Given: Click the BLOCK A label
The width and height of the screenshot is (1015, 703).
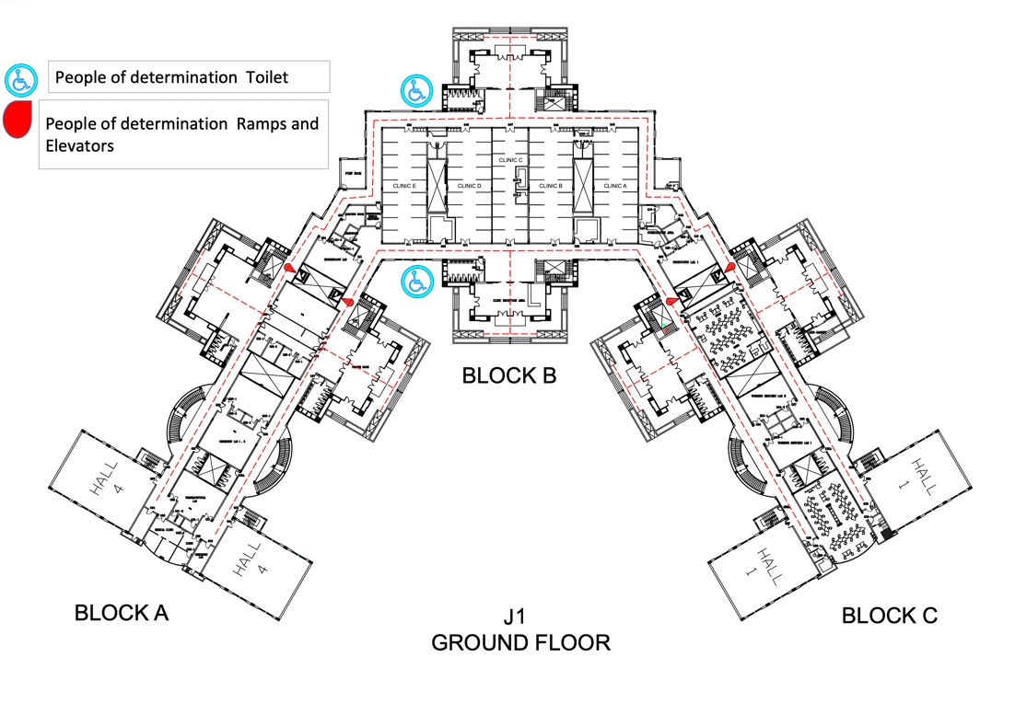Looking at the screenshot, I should point(121,613).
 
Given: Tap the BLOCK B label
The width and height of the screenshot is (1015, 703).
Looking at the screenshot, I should point(509,375).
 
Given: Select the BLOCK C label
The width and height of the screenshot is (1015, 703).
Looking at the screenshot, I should point(889,616).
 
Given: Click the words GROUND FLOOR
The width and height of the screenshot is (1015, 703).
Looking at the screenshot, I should point(520,641).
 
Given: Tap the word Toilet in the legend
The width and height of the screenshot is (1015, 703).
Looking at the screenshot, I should point(266,77).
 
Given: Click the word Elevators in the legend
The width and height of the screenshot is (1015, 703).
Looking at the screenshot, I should point(79,144).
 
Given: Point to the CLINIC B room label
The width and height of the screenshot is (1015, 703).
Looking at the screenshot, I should point(550,186).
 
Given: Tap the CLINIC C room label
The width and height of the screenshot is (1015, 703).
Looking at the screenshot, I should point(510,160).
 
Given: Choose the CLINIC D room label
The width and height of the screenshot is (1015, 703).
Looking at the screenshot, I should point(469,186).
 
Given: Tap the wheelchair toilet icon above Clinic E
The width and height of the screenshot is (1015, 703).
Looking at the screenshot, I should point(414,90).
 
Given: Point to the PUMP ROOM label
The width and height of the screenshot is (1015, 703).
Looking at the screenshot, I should point(351,173).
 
